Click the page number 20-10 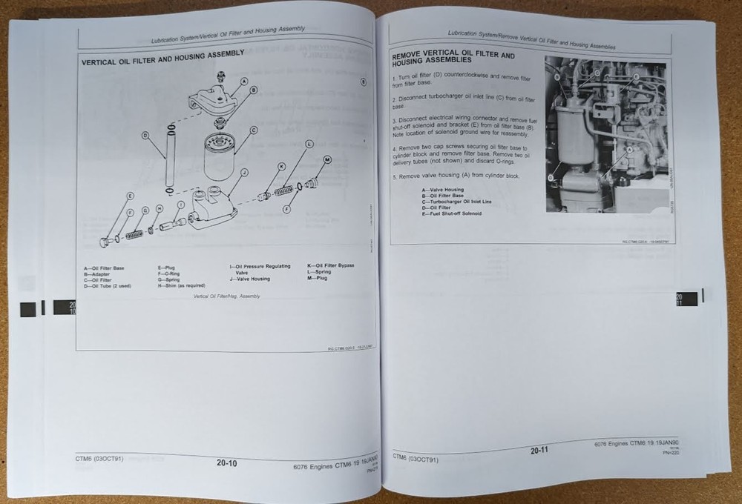(226, 463)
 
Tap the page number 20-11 (540, 450)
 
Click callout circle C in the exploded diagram (253, 130)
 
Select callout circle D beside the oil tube (145, 136)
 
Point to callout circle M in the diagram (327, 159)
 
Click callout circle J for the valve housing (244, 172)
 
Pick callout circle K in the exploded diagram (282, 168)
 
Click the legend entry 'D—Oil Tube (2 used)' (108, 285)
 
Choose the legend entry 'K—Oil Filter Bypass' (330, 265)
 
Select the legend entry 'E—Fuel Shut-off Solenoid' (451, 213)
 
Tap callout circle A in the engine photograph (630, 149)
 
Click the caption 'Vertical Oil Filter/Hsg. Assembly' (226, 296)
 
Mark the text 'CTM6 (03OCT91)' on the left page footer (100, 458)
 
